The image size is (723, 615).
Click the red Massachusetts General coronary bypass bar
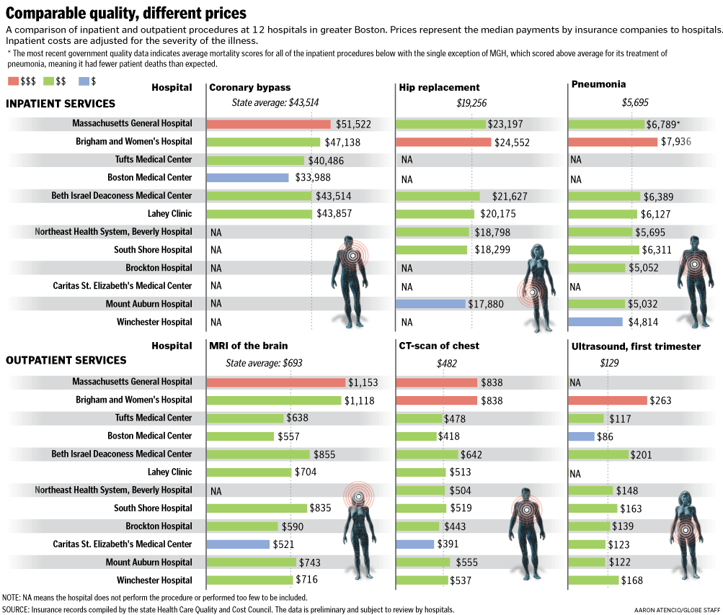pos(268,124)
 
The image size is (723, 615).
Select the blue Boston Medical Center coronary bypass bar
pos(247,178)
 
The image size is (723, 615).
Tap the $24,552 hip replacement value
pos(512,143)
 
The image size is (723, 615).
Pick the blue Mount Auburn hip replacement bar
pos(431,304)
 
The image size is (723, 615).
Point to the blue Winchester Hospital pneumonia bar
pos(595,322)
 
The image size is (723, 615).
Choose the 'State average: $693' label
pos(259,363)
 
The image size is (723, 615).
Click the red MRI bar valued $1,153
pos(276,382)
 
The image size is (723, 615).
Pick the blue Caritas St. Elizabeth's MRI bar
pos(238,544)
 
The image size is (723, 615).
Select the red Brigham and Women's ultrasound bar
pos(608,400)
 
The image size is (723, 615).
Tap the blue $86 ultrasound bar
pos(582,436)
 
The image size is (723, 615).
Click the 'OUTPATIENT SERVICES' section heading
pos(66,360)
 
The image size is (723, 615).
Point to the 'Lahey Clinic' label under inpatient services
pos(169,214)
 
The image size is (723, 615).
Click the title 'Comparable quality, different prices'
pos(126,13)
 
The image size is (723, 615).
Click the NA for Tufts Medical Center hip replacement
pos(407,160)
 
